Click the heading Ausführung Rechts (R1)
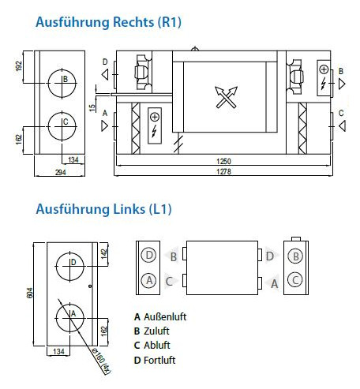tap(108, 22)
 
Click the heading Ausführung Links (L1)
tap(103, 209)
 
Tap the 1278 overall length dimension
tap(223, 172)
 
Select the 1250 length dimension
tap(223, 161)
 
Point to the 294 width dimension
tap(61, 172)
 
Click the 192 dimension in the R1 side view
tap(19, 66)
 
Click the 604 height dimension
tap(30, 293)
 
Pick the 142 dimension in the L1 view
tap(104, 254)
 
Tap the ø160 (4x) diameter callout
tap(101, 361)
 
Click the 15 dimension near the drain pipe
tap(92, 108)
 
